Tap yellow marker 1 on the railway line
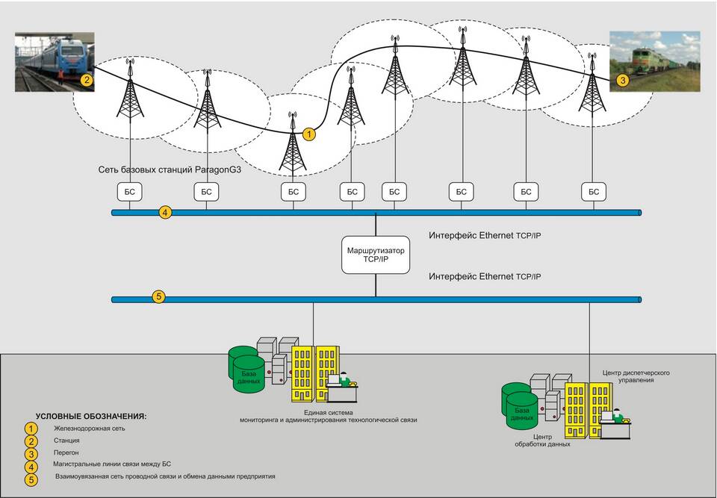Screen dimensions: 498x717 click(x=309, y=134)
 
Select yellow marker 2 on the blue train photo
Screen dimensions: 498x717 click(x=87, y=79)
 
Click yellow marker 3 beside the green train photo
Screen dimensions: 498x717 click(x=623, y=78)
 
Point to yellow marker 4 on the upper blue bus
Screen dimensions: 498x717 click(x=166, y=213)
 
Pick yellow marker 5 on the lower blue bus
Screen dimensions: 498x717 click(x=158, y=296)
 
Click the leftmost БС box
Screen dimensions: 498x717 click(x=130, y=192)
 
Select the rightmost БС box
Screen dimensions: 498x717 click(x=594, y=192)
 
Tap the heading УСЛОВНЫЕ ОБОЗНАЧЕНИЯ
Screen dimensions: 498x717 click(x=91, y=415)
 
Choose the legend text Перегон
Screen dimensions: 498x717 click(x=66, y=452)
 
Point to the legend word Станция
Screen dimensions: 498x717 click(x=66, y=441)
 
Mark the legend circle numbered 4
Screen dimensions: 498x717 click(x=31, y=464)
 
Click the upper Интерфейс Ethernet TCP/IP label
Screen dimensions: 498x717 click(x=485, y=235)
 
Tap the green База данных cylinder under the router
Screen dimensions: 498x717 click(x=248, y=370)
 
